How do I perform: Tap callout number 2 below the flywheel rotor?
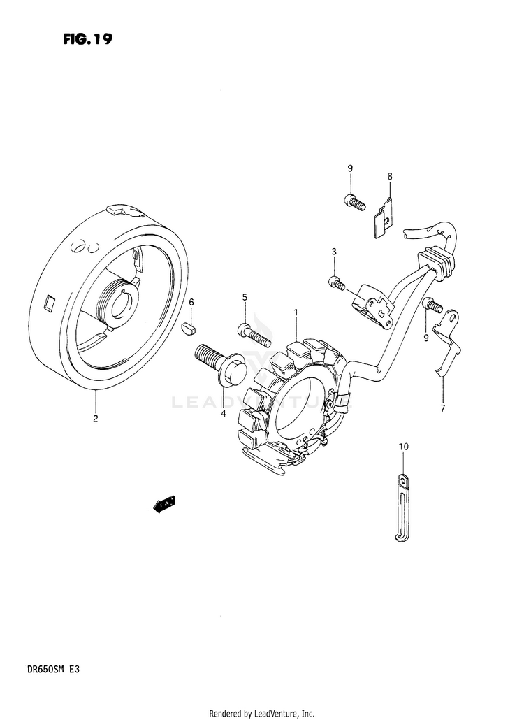point(95,419)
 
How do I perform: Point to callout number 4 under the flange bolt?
point(223,413)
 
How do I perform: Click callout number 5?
point(245,298)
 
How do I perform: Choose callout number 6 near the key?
point(191,301)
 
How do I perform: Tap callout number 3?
point(335,252)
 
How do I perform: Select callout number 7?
point(442,408)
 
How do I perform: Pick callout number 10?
point(403,446)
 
